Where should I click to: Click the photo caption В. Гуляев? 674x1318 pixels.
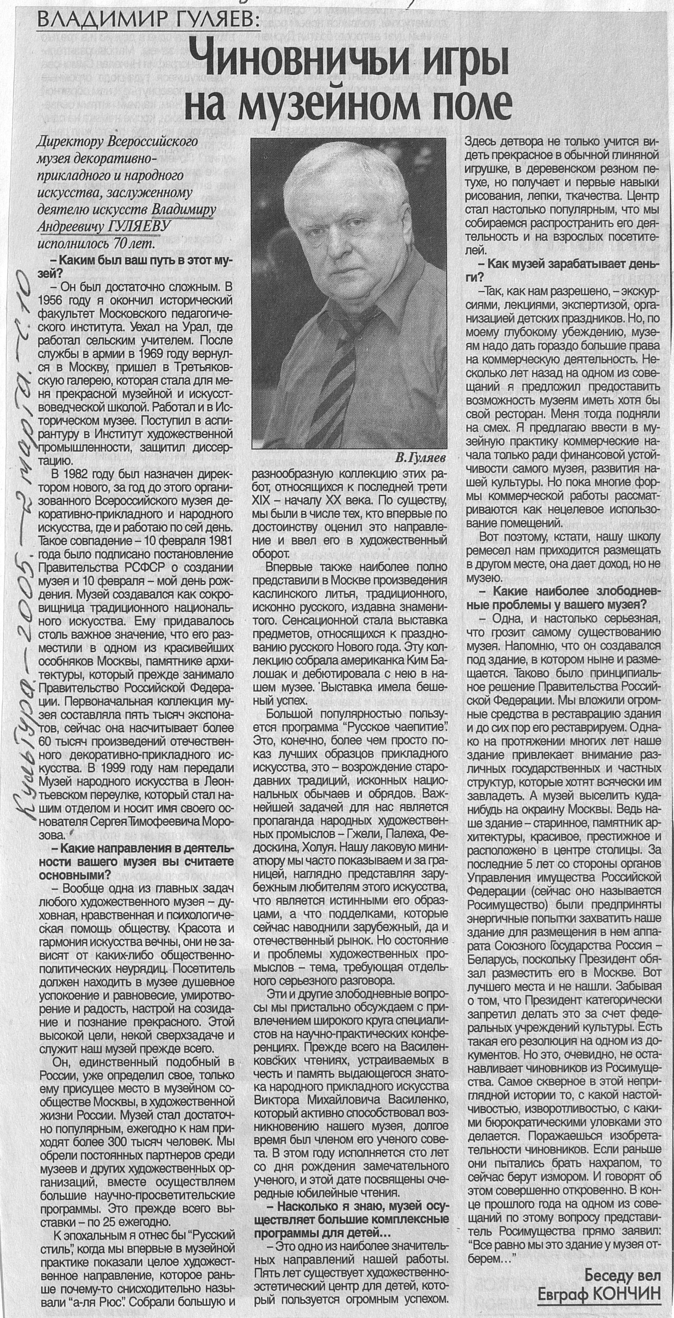(x=421, y=455)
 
